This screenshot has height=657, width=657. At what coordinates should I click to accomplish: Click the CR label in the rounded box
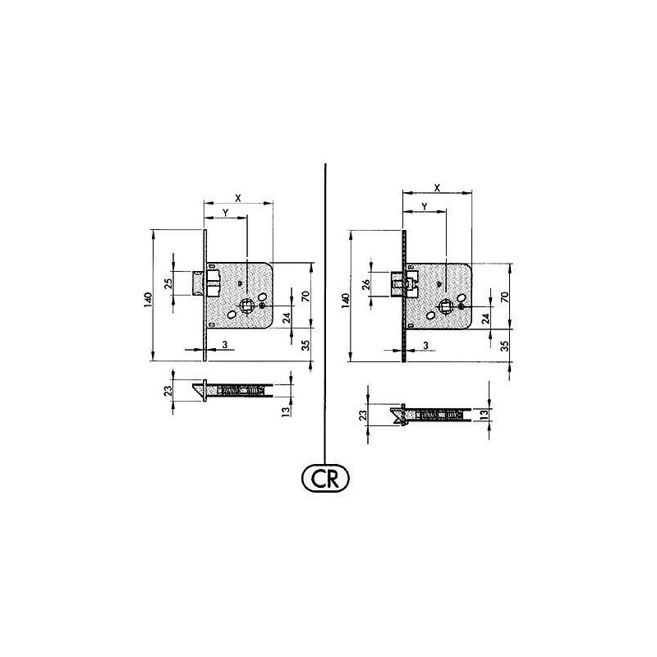tap(326, 478)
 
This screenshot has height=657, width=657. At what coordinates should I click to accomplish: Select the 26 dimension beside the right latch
tap(365, 286)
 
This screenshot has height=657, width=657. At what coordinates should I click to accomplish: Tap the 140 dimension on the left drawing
tap(145, 299)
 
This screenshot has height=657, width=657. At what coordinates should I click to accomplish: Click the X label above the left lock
tap(238, 198)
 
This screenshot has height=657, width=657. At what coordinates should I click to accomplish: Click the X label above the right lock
tap(436, 187)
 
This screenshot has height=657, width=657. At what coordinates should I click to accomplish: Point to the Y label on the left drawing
tap(225, 213)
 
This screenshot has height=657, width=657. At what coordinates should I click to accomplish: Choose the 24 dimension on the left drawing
tap(287, 318)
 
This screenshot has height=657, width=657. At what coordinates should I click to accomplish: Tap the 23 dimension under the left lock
tap(168, 392)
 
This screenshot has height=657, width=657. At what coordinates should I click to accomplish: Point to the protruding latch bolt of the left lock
tap(198, 282)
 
